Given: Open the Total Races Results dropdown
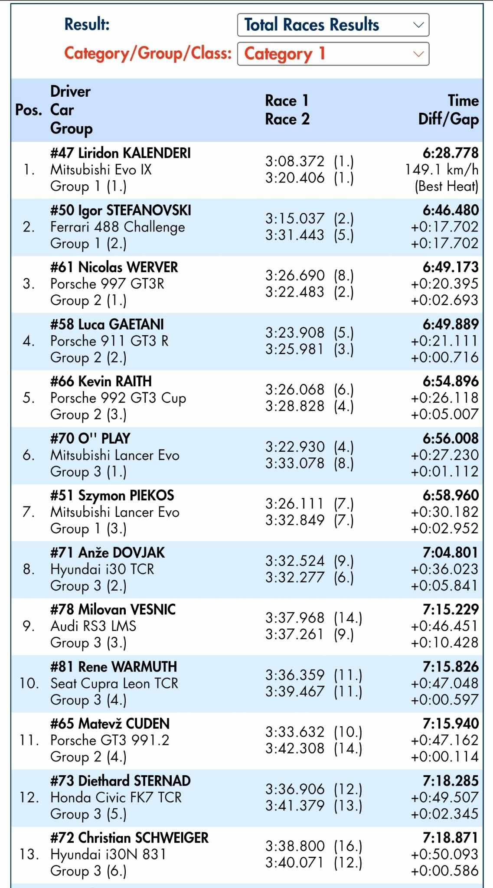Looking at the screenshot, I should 333,25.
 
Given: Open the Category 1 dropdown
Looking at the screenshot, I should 333,54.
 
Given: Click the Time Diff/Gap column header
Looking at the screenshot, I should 448,110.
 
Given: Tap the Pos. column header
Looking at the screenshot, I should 29,110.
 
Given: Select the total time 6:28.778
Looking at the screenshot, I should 451,153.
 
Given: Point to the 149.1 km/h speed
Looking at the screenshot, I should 441,170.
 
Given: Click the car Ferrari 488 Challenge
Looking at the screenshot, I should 118,227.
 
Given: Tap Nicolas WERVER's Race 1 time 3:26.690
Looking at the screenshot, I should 295,275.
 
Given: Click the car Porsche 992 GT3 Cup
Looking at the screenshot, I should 118,398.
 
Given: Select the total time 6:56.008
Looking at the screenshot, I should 451,438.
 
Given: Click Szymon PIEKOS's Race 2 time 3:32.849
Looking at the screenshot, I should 295,520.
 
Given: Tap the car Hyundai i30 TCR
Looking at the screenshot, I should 102,569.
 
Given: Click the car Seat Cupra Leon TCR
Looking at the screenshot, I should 114,683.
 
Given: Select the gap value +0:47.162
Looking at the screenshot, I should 444,740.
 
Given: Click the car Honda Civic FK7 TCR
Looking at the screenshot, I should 116,797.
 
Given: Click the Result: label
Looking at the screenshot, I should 87,24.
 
